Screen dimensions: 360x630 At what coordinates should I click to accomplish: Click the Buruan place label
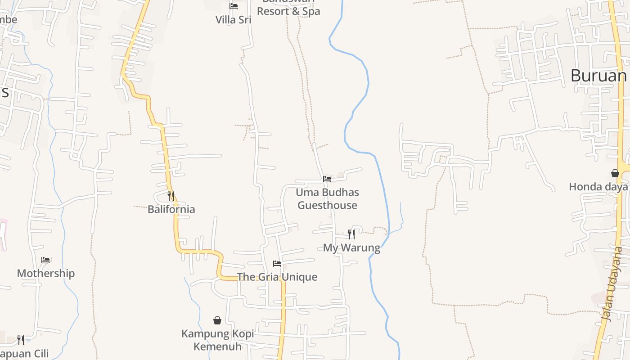tap(598, 76)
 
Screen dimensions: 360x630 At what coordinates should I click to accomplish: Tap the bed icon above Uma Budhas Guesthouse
tap(327, 179)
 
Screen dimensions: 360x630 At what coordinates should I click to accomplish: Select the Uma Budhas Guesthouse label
tap(327, 199)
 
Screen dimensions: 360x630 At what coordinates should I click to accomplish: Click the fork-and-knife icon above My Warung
tap(351, 234)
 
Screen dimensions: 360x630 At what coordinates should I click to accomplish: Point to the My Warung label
tap(351, 248)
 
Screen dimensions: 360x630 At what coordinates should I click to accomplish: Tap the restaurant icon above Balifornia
tap(171, 196)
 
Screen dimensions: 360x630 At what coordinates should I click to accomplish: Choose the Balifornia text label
tap(171, 209)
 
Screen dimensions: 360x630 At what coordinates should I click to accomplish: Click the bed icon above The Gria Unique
tap(277, 264)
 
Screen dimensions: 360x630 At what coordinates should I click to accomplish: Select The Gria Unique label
tap(277, 277)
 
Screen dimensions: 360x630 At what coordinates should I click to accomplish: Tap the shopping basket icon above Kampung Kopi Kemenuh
tap(217, 320)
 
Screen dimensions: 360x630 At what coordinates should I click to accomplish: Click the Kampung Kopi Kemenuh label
tap(218, 340)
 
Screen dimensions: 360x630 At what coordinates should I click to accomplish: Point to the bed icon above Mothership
tap(45, 260)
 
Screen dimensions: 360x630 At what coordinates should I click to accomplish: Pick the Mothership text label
tap(46, 274)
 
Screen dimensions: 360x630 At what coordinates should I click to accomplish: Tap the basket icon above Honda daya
tap(615, 173)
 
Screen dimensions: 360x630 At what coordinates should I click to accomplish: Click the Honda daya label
tap(598, 187)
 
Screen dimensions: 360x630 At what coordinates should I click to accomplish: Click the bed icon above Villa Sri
tap(234, 6)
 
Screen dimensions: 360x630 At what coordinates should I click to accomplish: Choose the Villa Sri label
tap(233, 20)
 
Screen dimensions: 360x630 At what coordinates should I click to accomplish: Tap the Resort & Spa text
tap(288, 11)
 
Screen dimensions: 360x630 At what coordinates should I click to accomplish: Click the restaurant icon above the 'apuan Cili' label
tap(21, 340)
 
